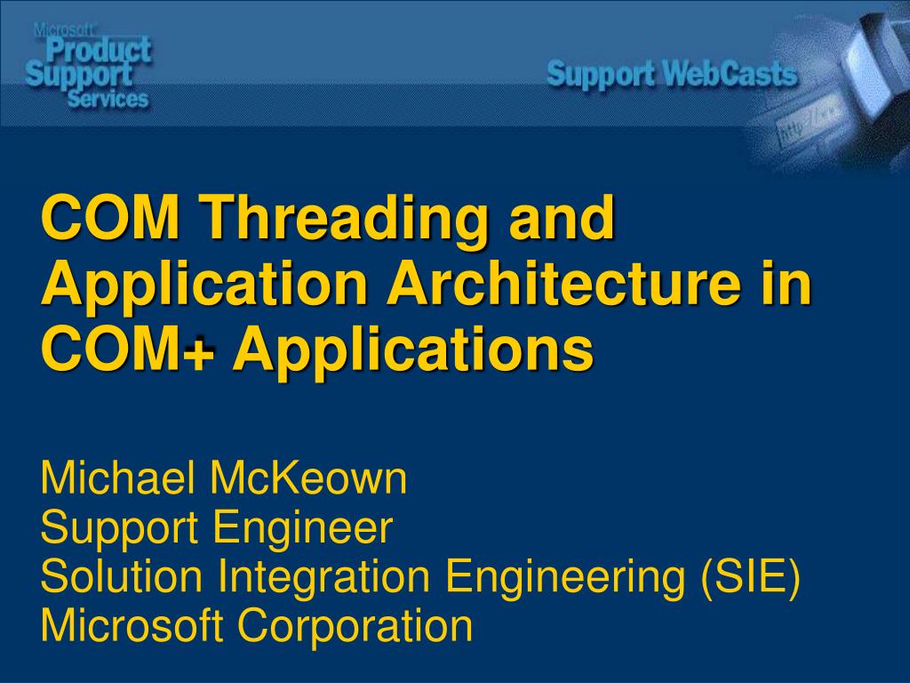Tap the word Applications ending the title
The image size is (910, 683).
[x=413, y=350]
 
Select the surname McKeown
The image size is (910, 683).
[x=308, y=478]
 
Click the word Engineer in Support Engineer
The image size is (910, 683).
[x=303, y=528]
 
